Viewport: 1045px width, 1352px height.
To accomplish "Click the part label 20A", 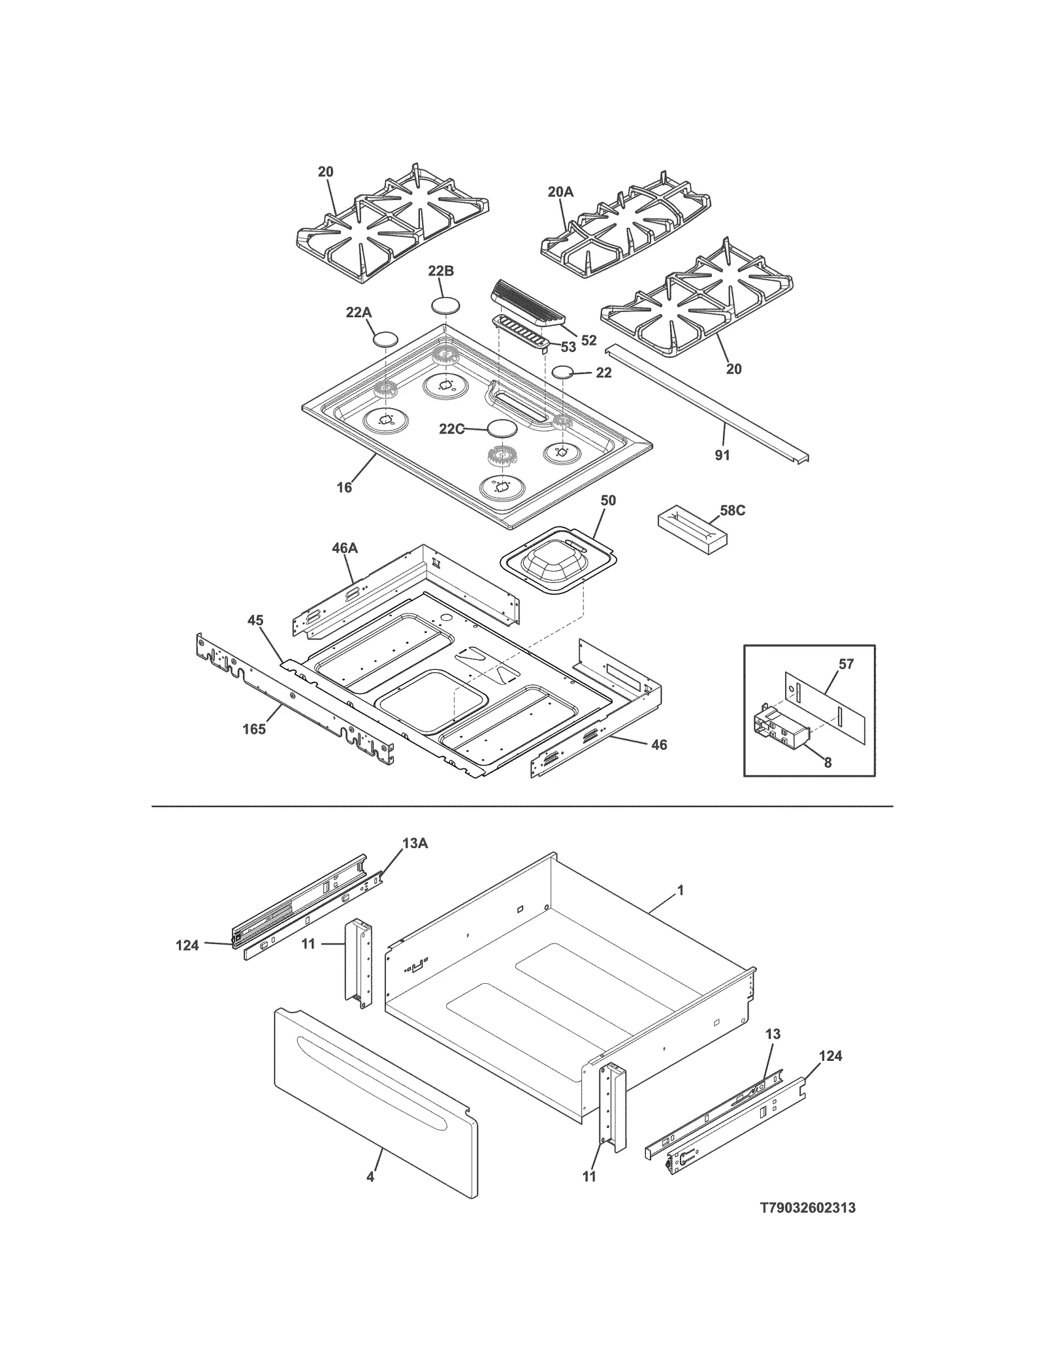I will pos(560,191).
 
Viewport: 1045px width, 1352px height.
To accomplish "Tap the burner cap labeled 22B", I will pos(445,306).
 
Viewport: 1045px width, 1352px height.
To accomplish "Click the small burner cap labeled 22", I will pos(562,373).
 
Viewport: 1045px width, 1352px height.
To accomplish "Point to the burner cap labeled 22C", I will pos(501,429).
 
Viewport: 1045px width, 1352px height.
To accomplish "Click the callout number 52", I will pos(588,340).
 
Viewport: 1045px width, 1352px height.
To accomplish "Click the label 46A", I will pos(344,548).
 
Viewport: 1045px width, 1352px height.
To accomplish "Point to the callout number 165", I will pos(254,729).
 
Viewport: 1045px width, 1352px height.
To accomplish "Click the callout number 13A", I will pos(415,843).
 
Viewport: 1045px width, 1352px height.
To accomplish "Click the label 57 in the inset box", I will pos(846,665).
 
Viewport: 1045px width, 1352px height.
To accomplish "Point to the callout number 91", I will pos(722,455).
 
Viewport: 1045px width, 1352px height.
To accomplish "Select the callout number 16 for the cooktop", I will pos(344,487).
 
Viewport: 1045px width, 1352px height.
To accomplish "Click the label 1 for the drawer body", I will pos(681,890).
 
